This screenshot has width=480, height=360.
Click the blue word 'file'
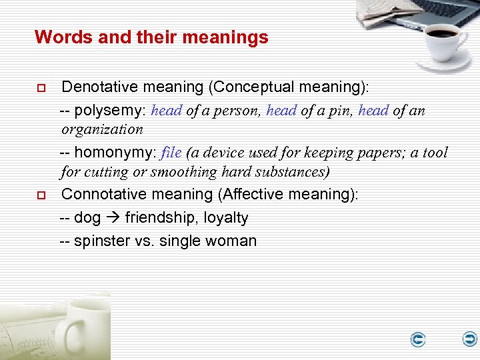coord(171,153)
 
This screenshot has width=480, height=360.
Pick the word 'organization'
coord(102,129)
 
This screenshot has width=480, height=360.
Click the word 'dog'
coord(87,218)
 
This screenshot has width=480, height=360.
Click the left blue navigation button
coord(418,340)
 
